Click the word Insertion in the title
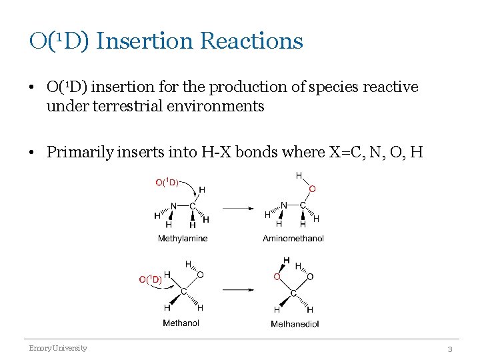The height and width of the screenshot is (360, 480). [144, 41]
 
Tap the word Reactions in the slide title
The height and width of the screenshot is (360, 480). [251, 41]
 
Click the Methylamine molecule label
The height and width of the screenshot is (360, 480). [183, 238]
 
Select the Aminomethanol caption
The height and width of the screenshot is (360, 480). [293, 238]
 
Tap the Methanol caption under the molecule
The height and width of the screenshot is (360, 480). [181, 323]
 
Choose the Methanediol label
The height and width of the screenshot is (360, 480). [295, 324]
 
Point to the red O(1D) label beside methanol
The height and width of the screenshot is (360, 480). [150, 279]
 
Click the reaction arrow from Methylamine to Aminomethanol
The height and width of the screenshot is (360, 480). [238, 209]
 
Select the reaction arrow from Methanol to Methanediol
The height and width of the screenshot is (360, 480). [238, 289]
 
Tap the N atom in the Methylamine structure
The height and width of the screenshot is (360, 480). [173, 206]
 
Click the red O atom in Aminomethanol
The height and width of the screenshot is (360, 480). [312, 189]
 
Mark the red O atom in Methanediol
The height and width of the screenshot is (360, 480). [277, 276]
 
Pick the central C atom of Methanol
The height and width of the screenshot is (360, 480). [183, 291]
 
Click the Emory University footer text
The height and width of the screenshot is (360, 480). [57, 348]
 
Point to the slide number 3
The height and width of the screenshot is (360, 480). [449, 349]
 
